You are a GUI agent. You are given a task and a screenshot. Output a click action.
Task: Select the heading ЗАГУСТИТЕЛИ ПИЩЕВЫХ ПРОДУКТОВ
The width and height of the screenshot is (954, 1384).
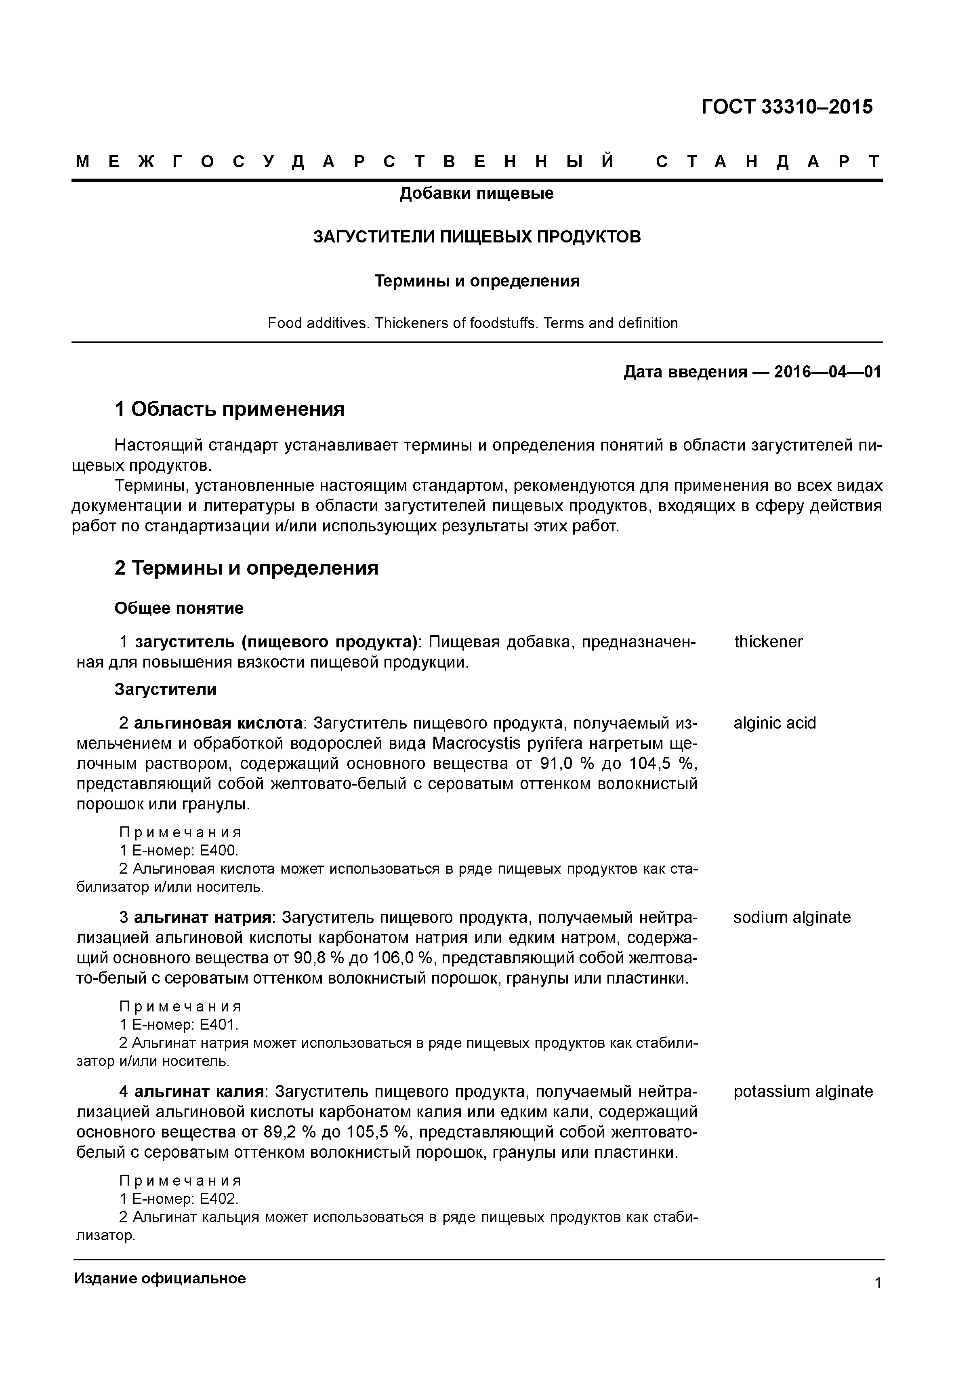[477, 237]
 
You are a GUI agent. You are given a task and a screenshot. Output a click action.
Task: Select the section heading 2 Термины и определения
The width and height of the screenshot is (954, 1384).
[246, 568]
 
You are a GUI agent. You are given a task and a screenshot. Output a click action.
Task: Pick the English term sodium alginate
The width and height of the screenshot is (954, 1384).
[791, 918]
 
